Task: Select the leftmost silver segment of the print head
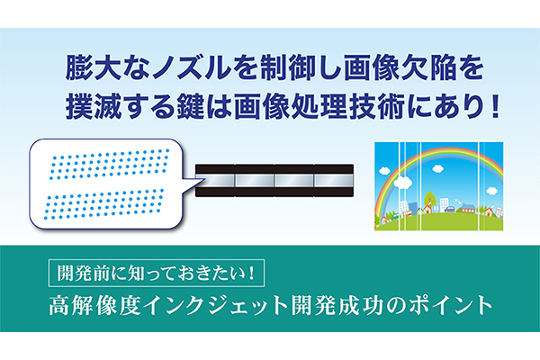point(216,180)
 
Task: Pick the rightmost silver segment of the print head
point(333,180)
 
